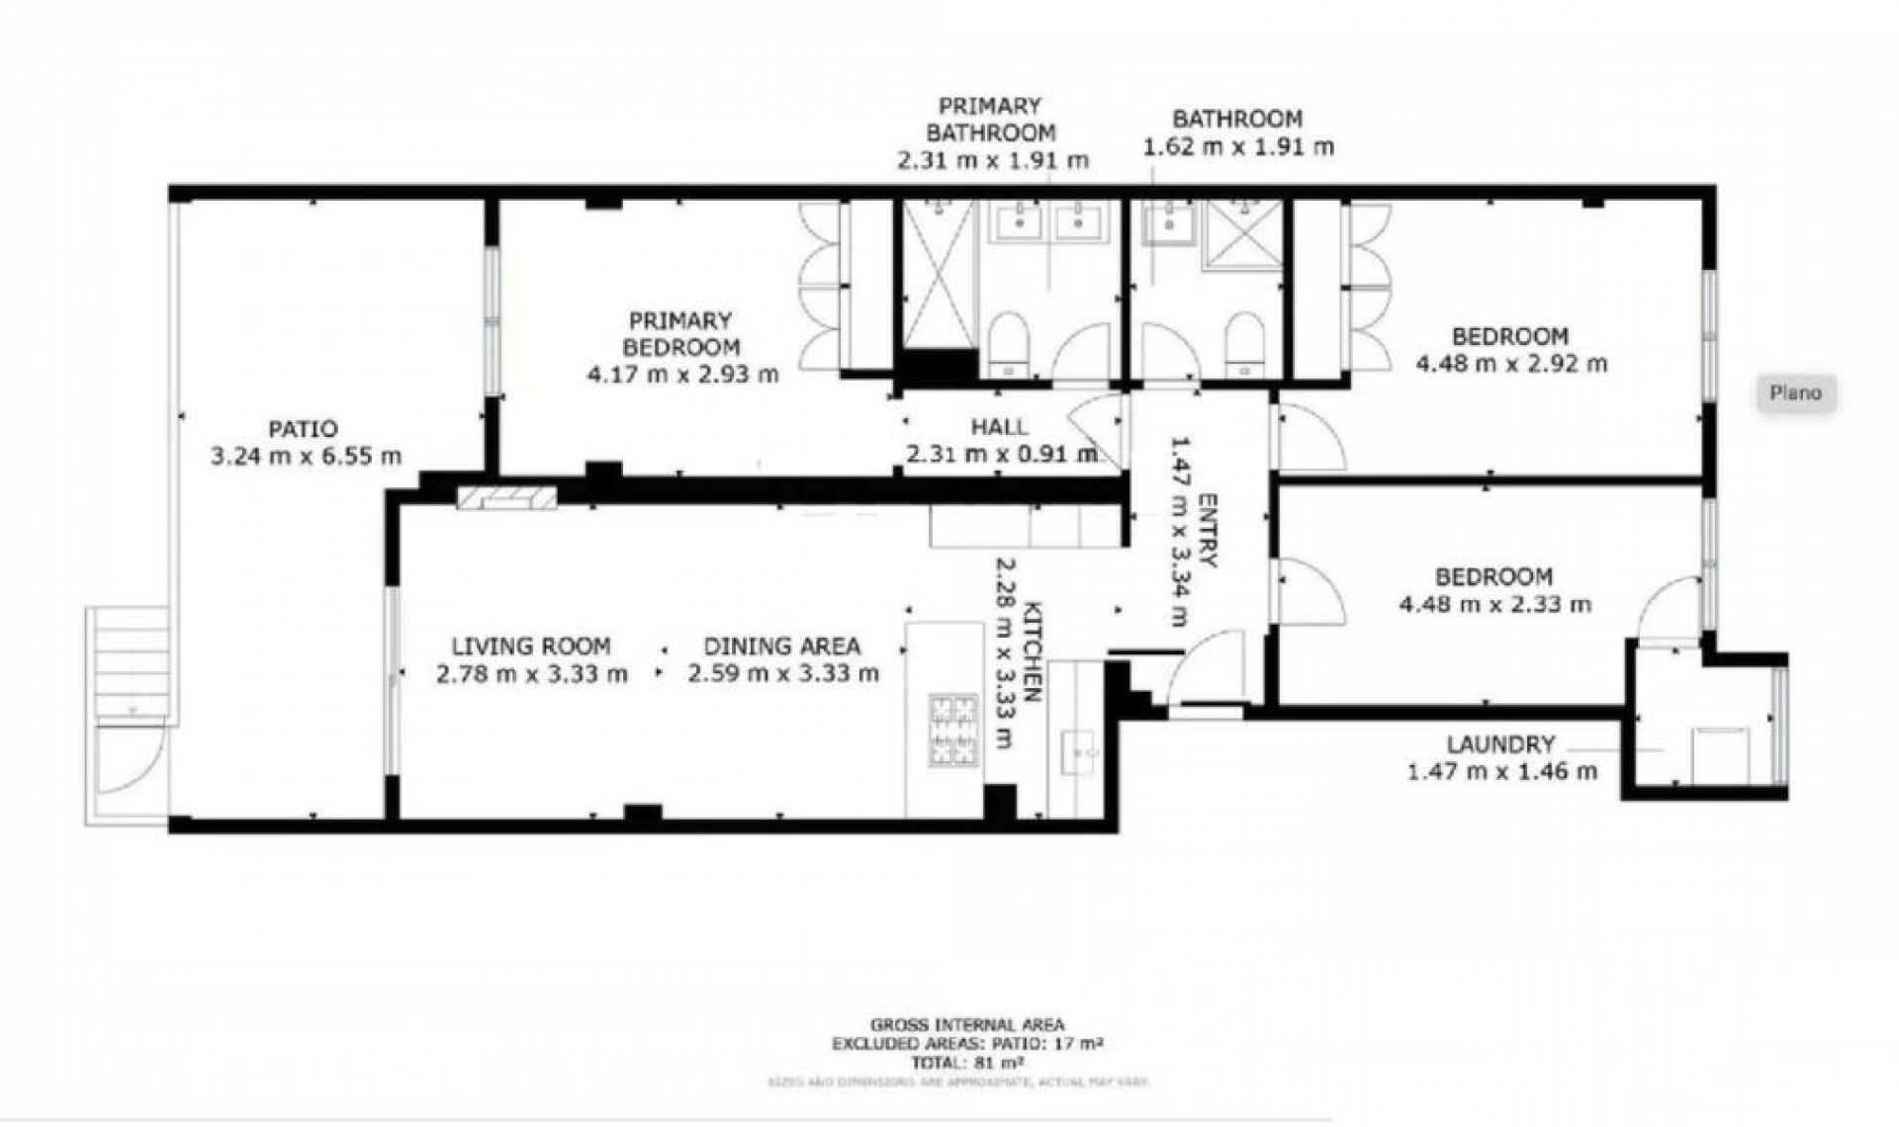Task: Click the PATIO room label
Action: pyautogui.click(x=303, y=429)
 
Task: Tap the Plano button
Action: pyautogui.click(x=1795, y=393)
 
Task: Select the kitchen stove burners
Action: pyautogui.click(x=953, y=731)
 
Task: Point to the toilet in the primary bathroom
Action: pyautogui.click(x=1008, y=343)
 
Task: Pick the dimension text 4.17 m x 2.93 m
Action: pyautogui.click(x=682, y=375)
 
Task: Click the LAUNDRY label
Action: pyautogui.click(x=1500, y=744)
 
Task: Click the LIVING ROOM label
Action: pyautogui.click(x=531, y=647)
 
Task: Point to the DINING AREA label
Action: pyautogui.click(x=781, y=647)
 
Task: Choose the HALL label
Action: pyautogui.click(x=999, y=427)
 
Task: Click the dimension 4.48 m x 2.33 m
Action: pyautogui.click(x=1494, y=604)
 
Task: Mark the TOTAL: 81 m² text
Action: pyautogui.click(x=967, y=1063)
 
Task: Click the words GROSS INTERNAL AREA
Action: pyautogui.click(x=967, y=1025)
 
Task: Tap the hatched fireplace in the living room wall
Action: pyautogui.click(x=506, y=496)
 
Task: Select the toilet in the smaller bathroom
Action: pyautogui.click(x=1244, y=343)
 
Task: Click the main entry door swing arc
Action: pyautogui.click(x=1205, y=666)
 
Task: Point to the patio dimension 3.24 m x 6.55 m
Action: pyautogui.click(x=306, y=457)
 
